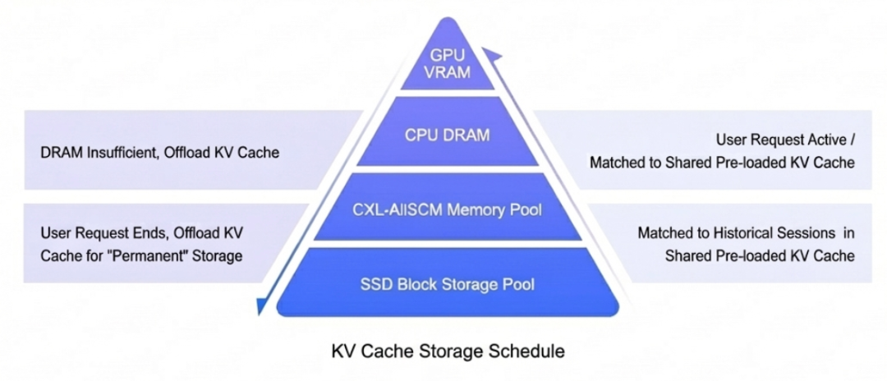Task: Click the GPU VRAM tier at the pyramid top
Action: pyautogui.click(x=448, y=62)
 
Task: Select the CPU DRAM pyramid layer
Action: pyautogui.click(x=448, y=135)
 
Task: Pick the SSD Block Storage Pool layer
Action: pyautogui.click(x=448, y=285)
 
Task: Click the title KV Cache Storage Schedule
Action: pyautogui.click(x=448, y=351)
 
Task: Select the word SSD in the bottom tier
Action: pyautogui.click(x=375, y=285)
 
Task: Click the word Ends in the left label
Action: pyautogui.click(x=149, y=233)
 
